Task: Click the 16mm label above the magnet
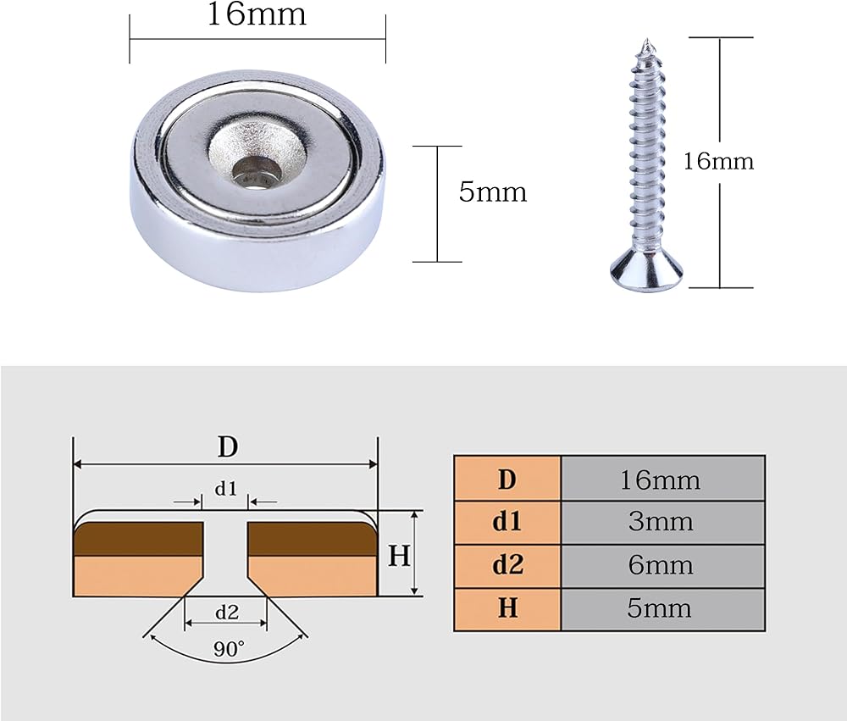(x=257, y=14)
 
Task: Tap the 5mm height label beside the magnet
(x=493, y=191)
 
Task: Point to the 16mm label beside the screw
(x=718, y=161)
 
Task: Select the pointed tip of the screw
(x=646, y=41)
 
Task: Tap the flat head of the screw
(x=645, y=275)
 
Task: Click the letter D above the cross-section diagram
(x=227, y=447)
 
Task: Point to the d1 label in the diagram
(x=226, y=489)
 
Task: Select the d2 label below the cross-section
(x=227, y=612)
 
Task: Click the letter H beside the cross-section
(x=400, y=555)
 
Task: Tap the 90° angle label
(x=229, y=649)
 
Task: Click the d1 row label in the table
(x=507, y=522)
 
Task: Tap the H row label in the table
(x=507, y=609)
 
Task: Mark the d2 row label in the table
(x=507, y=566)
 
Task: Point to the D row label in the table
(x=507, y=479)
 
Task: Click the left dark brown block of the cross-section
(x=138, y=539)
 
